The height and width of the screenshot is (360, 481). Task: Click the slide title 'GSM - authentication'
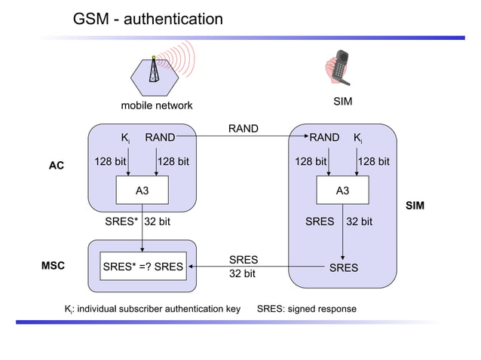point(148,19)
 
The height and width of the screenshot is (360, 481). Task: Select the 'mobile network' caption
point(157,105)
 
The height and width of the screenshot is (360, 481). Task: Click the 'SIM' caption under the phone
point(343,102)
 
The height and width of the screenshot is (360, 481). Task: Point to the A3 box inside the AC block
point(142,191)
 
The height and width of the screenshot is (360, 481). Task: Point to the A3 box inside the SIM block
point(342,191)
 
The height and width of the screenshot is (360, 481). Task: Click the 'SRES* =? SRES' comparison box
point(142,266)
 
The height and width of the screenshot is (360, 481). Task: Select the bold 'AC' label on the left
point(57,166)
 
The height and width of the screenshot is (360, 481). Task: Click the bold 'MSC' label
point(53,266)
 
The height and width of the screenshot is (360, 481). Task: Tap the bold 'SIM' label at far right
point(415,206)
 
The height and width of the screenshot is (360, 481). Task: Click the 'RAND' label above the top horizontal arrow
point(243,130)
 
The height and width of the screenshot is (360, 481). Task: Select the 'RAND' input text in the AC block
point(160,138)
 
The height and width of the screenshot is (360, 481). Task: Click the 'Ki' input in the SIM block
point(357,138)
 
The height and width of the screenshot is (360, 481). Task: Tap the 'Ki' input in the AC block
point(126,138)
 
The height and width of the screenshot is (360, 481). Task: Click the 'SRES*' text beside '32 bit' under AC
point(121,222)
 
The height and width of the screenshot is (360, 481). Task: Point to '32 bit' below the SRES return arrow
point(242,274)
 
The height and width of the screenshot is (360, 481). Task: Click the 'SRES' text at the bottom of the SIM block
point(343,267)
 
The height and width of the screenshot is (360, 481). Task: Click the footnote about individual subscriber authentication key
point(152,310)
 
